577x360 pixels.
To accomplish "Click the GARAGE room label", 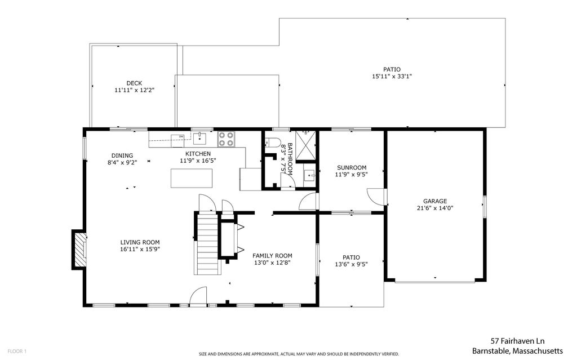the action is [434, 201].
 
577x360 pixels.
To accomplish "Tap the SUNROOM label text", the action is [352, 167].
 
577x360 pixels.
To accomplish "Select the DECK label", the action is [134, 83].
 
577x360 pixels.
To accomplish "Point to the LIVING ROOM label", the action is [140, 242].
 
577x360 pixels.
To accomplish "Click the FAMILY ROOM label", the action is [272, 255].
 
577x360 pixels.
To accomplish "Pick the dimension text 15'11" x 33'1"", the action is [392, 77].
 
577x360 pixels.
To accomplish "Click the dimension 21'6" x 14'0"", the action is [434, 208].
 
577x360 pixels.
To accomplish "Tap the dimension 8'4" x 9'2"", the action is [122, 162].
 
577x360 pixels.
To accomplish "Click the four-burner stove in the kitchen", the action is [227, 139].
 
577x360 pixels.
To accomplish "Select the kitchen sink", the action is [199, 139].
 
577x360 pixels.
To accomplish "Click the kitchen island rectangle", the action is [192, 178].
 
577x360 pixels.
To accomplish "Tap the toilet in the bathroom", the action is [273, 142].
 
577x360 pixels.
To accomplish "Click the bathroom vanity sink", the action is [309, 176].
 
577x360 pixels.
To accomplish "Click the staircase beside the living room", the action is [208, 244].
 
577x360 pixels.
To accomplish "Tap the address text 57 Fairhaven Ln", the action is [518, 341].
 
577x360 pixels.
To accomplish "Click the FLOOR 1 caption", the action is [17, 351].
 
